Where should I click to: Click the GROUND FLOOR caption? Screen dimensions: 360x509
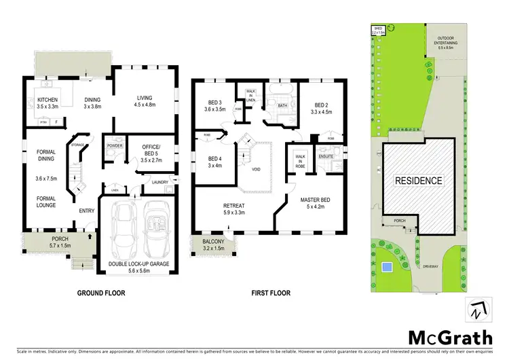click(101, 293)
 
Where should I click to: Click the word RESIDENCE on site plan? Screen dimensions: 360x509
click(419, 181)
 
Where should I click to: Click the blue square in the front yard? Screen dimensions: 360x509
click(386, 268)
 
